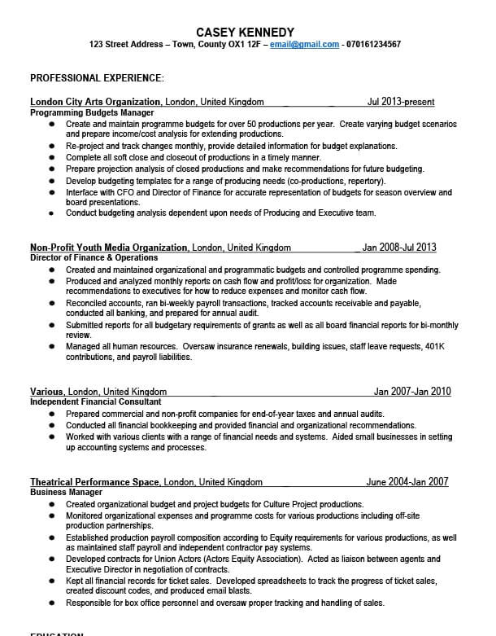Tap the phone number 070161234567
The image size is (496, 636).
pos(373,44)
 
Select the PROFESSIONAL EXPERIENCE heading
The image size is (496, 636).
pos(97,78)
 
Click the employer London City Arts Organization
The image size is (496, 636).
pos(97,103)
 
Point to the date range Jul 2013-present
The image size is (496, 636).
pos(401,103)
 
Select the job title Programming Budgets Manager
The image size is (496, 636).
pos(92,112)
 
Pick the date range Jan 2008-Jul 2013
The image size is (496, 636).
pos(399,248)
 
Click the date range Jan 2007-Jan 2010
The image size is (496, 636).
pos(411,392)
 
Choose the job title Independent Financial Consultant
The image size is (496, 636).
pos(95,401)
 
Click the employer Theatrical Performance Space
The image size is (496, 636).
pos(94,482)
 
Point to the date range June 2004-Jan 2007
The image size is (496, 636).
pos(407,482)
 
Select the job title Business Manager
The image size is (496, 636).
pos(66,493)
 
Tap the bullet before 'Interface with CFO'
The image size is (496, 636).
pos(51,193)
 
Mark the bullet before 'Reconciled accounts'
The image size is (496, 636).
pos(51,302)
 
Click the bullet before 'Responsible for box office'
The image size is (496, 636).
pos(51,603)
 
